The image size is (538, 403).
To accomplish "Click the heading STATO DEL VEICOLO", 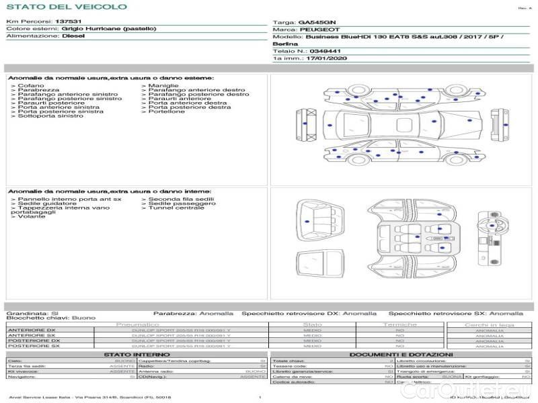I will click(66, 7).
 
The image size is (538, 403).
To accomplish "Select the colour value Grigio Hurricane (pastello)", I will click(109, 29).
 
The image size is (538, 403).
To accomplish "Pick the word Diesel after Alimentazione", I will click(73, 36).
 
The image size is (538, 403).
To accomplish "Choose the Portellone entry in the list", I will click(167, 111).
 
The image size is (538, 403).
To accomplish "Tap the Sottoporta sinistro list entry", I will click(50, 116).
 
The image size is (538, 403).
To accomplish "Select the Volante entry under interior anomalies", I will click(32, 217).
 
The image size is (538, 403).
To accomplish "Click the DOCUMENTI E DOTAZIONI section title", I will click(400, 354).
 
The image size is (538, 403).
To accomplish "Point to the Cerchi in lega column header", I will click(489, 324).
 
